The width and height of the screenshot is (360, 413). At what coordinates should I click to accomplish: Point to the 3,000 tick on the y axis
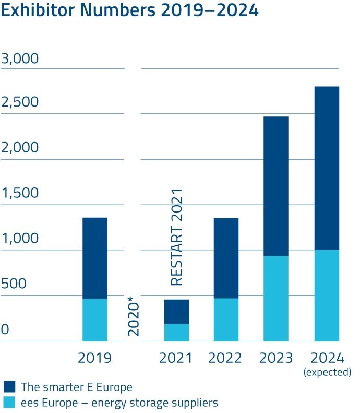tap(20, 58)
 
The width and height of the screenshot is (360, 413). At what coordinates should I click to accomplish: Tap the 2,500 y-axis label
tap(20, 102)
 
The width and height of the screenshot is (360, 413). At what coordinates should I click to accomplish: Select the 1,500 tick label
tap(20, 193)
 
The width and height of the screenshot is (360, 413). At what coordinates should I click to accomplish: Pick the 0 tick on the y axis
tap(5, 330)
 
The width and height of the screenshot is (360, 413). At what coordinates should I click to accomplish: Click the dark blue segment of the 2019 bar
tap(95, 258)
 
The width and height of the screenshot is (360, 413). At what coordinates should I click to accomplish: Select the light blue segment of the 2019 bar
tap(95, 320)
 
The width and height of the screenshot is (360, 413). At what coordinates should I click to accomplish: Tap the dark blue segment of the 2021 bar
tap(176, 312)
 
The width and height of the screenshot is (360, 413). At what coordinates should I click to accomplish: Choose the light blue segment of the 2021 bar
tap(176, 333)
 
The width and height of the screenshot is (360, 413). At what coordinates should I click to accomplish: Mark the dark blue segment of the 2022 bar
tap(226, 258)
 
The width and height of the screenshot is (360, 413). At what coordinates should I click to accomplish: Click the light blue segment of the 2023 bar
tap(275, 299)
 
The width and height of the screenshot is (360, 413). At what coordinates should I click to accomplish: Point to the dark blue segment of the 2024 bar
tap(327, 168)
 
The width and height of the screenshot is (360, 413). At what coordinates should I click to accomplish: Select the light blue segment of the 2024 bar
tap(327, 296)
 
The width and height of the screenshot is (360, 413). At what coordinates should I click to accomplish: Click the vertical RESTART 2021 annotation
tap(177, 237)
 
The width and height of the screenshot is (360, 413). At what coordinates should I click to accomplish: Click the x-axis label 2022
tap(225, 358)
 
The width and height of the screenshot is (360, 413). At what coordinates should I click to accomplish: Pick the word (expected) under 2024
tap(327, 372)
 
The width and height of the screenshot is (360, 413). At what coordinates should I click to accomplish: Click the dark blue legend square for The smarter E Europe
tap(10, 387)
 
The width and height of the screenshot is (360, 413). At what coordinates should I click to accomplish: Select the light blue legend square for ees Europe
tap(10, 402)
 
